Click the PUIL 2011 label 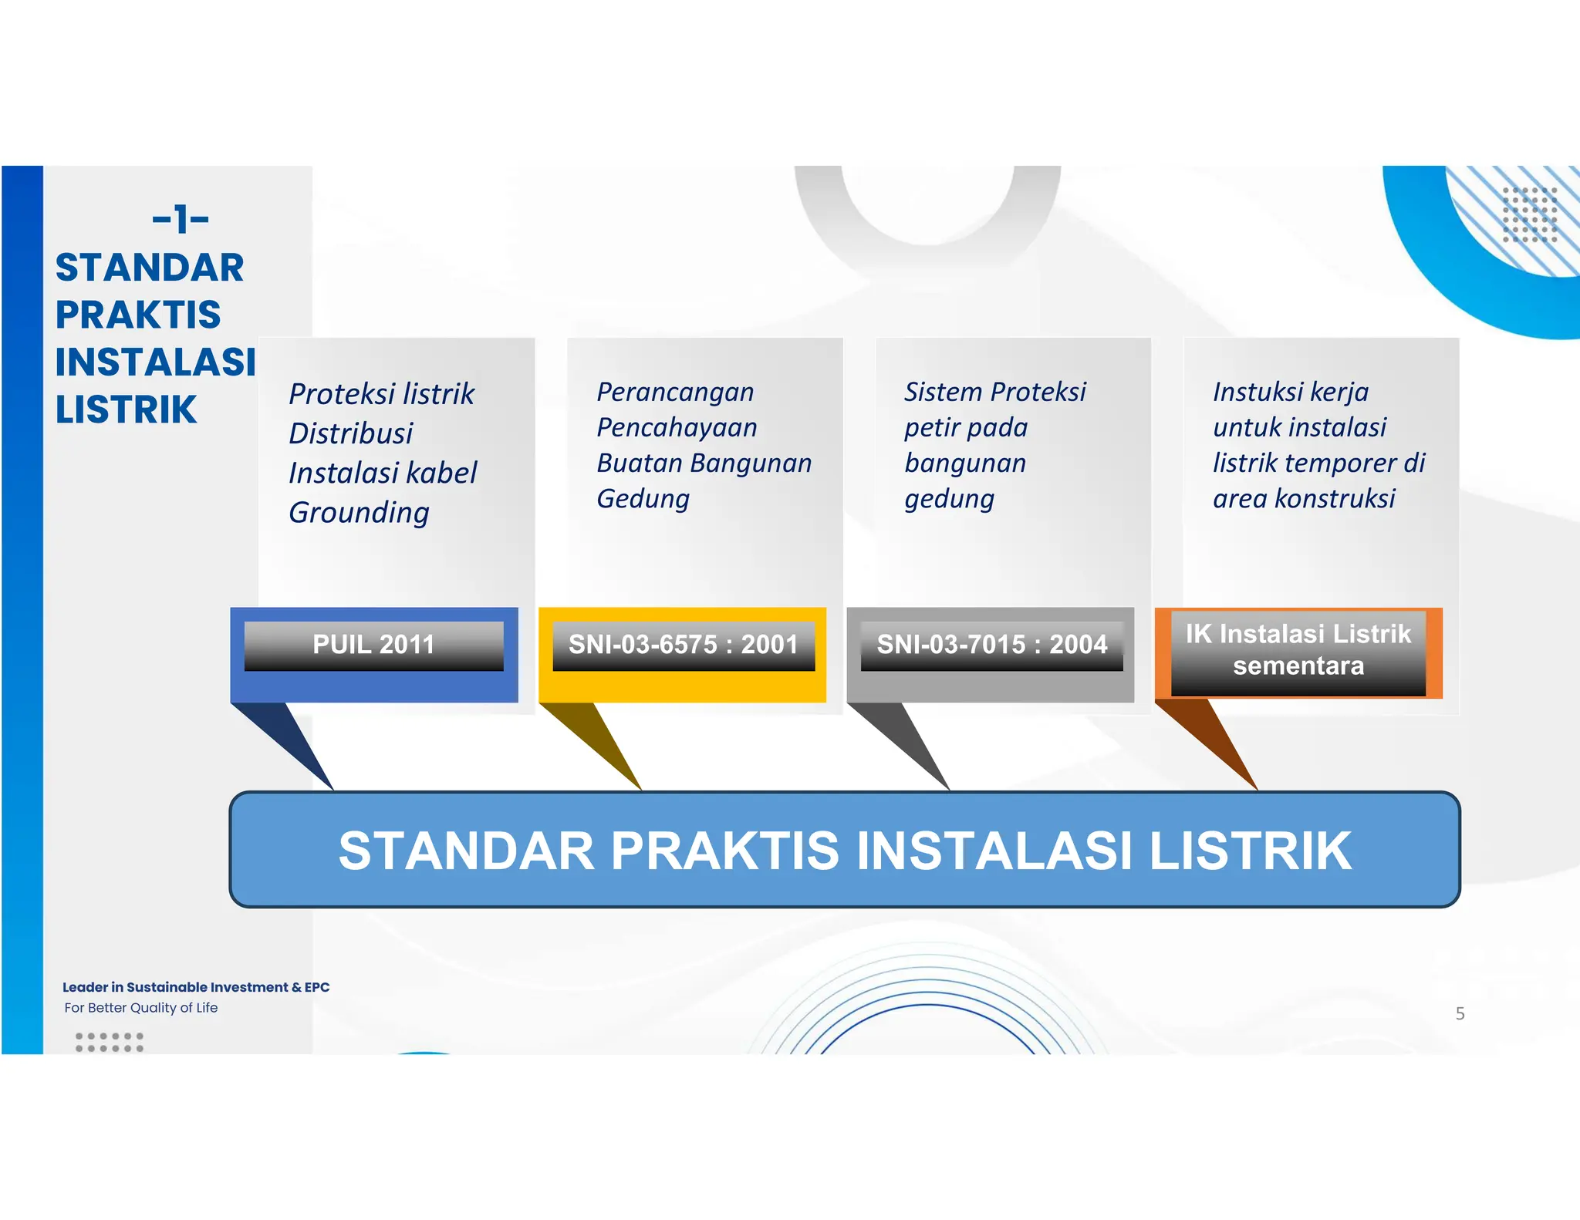pyautogui.click(x=373, y=644)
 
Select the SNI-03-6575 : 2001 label pyautogui.click(x=683, y=644)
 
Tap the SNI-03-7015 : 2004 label pyautogui.click(x=991, y=644)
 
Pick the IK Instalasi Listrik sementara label pyautogui.click(x=1298, y=649)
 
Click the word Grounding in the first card pyautogui.click(x=359, y=513)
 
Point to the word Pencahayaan pyautogui.click(x=677, y=427)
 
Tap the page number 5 pyautogui.click(x=1460, y=1013)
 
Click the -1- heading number pyautogui.click(x=181, y=219)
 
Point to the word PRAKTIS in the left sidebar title pyautogui.click(x=138, y=315)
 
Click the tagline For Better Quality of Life pyautogui.click(x=141, y=1007)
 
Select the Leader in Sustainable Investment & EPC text pyautogui.click(x=196, y=987)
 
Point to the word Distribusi pyautogui.click(x=351, y=433)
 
